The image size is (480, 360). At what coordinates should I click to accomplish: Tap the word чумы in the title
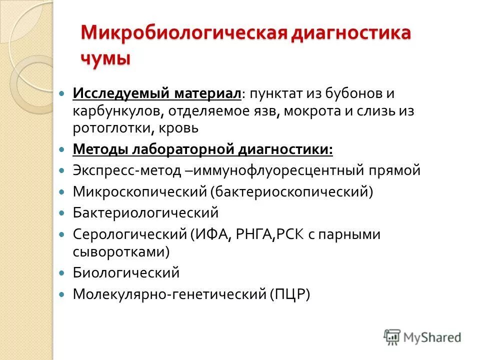tap(105, 57)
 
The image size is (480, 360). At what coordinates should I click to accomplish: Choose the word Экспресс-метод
tap(127, 170)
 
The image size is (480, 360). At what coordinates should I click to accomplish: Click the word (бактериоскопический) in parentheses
tap(291, 191)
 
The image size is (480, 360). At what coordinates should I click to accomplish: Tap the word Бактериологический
tap(146, 212)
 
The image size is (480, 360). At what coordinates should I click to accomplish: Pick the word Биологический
tap(126, 273)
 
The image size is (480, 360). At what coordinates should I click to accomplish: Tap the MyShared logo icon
tap(392, 336)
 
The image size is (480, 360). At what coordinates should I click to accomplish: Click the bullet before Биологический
tap(62, 273)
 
